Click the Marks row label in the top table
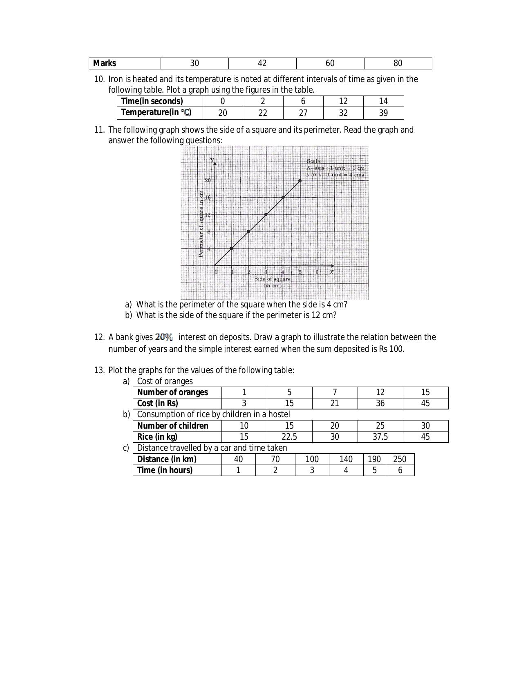point(105,63)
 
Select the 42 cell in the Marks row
point(262,63)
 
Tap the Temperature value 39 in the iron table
point(383,113)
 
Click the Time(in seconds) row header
point(152,101)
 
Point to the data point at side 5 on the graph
point(300,180)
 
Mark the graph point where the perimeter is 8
point(248,231)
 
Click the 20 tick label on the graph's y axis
point(208,180)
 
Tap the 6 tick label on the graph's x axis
point(317,272)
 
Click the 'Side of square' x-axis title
point(273,279)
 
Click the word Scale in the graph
point(314,161)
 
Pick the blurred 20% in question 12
point(164,337)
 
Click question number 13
point(99,370)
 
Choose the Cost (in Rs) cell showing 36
point(380,403)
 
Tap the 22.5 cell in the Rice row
point(289,437)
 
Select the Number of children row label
point(173,426)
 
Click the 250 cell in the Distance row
point(400,459)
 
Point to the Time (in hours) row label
point(165,470)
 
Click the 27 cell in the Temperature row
point(303,113)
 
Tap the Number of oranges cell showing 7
point(335,392)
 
